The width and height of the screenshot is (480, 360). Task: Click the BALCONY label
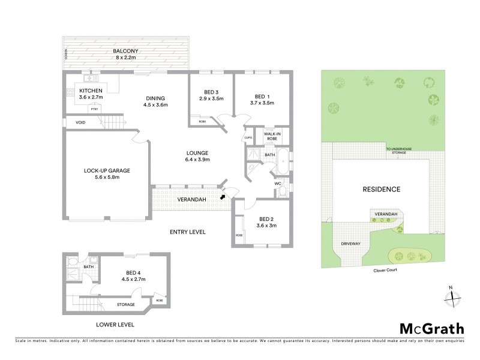pyautogui.click(x=126, y=51)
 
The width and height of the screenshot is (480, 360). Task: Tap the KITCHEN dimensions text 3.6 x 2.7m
pyautogui.click(x=91, y=97)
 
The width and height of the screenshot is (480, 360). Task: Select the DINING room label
pyautogui.click(x=155, y=98)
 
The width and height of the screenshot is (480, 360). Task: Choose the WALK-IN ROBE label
pyautogui.click(x=272, y=136)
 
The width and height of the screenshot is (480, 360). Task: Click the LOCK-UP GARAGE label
pyautogui.click(x=107, y=170)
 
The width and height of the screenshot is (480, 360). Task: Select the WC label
pyautogui.click(x=278, y=183)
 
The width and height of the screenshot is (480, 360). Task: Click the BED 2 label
pyautogui.click(x=265, y=219)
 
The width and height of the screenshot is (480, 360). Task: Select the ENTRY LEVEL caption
pyautogui.click(x=187, y=232)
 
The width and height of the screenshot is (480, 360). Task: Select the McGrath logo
pyautogui.click(x=431, y=328)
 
